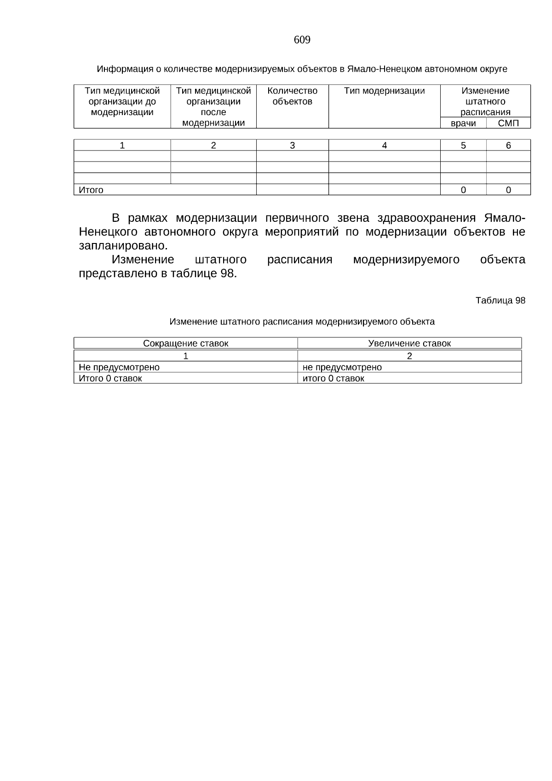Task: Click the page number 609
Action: tap(302, 40)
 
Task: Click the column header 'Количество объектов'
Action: tap(292, 96)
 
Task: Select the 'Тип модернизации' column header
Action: tap(384, 91)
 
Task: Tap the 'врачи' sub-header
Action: tap(463, 123)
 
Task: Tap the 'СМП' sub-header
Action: tap(508, 123)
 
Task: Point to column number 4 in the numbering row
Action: tap(384, 145)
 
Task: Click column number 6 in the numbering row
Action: tap(508, 145)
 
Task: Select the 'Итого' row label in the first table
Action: tap(91, 190)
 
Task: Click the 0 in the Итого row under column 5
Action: tap(463, 190)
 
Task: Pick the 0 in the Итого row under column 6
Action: tap(508, 190)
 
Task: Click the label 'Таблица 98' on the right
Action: tap(500, 301)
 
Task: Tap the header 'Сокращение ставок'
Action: tap(185, 343)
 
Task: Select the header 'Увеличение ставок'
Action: tap(409, 343)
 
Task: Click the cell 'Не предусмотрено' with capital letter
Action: tap(119, 367)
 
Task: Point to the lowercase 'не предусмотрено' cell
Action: tap(342, 367)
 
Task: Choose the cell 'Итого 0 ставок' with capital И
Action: tap(110, 378)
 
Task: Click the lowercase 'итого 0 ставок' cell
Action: tap(333, 378)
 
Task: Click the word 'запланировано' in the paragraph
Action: tap(122, 245)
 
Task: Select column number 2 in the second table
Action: tap(409, 356)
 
